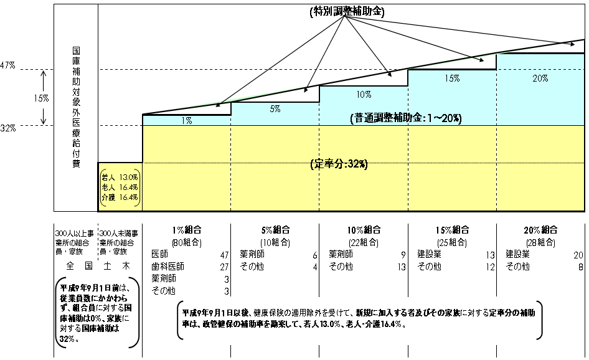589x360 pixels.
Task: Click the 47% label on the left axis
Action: click(7, 65)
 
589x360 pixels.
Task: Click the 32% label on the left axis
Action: click(8, 128)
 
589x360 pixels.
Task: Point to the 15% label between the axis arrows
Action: click(41, 98)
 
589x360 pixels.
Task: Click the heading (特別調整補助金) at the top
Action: click(347, 12)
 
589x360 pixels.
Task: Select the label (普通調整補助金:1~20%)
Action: click(406, 118)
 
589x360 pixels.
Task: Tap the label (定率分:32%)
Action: click(339, 164)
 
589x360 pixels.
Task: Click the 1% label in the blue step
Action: click(187, 121)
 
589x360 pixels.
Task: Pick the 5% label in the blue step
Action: click(275, 109)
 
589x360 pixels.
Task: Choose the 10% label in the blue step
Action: click(364, 95)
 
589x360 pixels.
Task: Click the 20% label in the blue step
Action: click(540, 78)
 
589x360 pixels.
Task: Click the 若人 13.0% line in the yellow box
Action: click(120, 178)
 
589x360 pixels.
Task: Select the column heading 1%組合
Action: click(187, 230)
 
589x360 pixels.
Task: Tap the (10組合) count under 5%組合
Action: click(275, 243)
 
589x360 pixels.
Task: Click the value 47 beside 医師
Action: click(225, 255)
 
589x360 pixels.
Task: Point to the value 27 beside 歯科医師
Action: click(225, 267)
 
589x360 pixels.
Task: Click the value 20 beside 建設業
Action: click(578, 255)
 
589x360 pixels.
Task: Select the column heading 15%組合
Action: click(452, 230)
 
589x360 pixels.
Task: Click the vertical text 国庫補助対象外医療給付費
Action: click(76, 107)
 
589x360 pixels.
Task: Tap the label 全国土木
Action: click(98, 266)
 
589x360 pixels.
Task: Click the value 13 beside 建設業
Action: click(490, 255)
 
